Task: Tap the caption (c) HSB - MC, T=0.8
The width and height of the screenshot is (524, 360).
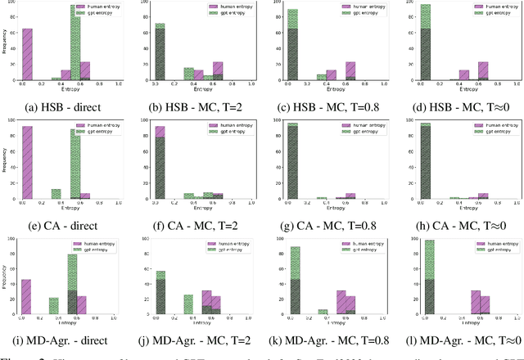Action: [x=329, y=106]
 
